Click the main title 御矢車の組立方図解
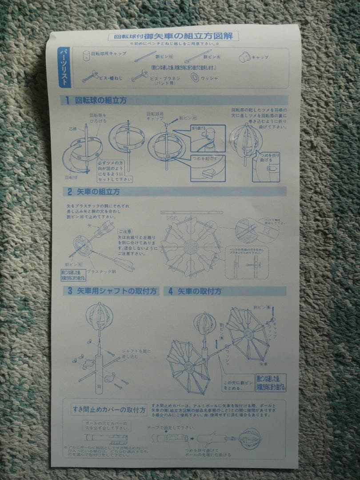[x=191, y=36]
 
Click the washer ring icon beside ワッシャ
[x=195, y=77]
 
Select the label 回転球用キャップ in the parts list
[x=108, y=54]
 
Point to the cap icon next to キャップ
[x=244, y=57]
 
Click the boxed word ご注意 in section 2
[x=124, y=232]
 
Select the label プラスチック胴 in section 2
[x=101, y=271]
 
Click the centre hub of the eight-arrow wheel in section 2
[x=191, y=248]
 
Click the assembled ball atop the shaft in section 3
[x=100, y=316]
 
